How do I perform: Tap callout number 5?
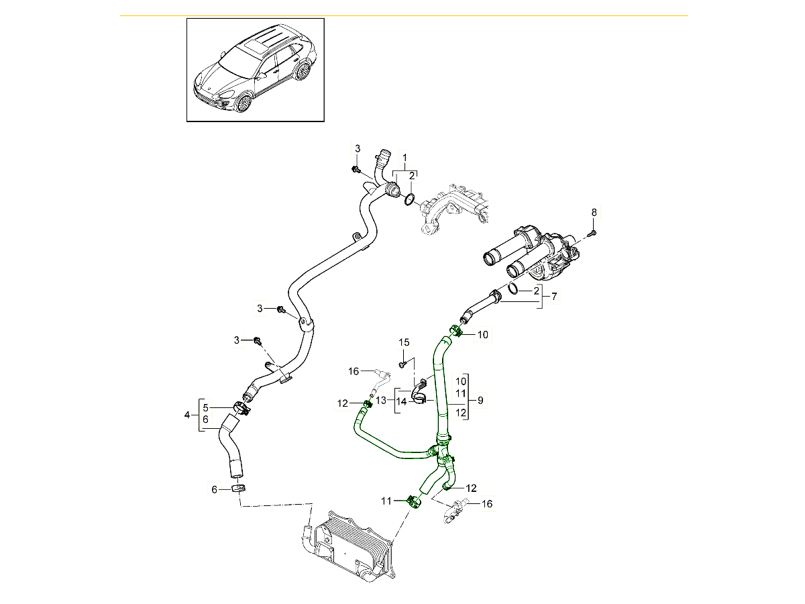[206, 407]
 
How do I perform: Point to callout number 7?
[553, 296]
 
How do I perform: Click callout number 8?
[593, 213]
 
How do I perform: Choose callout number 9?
[479, 400]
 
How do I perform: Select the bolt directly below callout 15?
[402, 364]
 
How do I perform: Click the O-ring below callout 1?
[409, 199]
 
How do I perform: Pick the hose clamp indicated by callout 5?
[241, 407]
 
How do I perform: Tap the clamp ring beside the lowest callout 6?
[237, 489]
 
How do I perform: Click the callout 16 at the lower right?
[487, 503]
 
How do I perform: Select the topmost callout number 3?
[358, 148]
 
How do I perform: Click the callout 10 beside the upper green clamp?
[483, 334]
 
